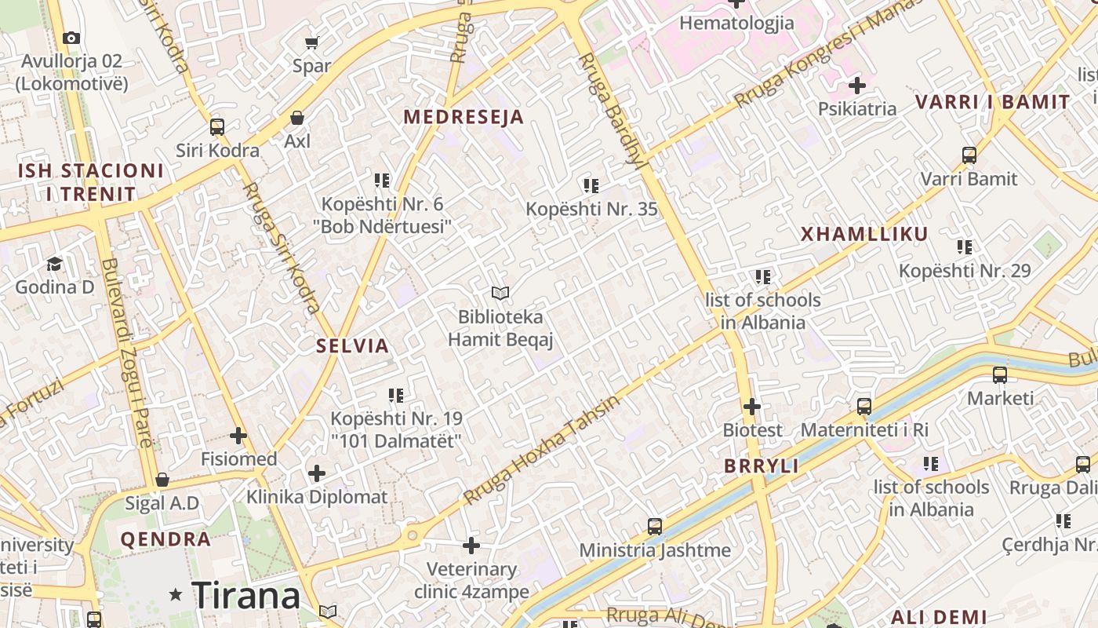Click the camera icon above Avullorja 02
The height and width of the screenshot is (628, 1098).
click(71, 38)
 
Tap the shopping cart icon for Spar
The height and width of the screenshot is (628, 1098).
click(312, 42)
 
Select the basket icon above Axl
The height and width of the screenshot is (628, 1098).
click(297, 119)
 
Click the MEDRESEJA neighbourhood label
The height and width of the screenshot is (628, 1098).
click(463, 118)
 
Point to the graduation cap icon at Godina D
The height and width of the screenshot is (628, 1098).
click(54, 264)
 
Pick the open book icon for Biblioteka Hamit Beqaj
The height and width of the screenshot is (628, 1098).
click(500, 294)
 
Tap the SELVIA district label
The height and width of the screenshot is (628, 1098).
click(352, 345)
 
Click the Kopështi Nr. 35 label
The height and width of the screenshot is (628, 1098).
click(591, 209)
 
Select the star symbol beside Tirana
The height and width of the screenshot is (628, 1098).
click(176, 595)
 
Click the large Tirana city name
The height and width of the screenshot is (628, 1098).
click(245, 595)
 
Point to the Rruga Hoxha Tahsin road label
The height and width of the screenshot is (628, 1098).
click(541, 449)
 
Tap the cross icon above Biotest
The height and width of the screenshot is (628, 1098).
click(752, 407)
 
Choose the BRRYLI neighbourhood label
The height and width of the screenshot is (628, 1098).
click(761, 466)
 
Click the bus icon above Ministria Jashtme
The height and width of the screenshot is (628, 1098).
click(655, 526)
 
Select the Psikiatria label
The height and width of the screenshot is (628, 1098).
click(857, 108)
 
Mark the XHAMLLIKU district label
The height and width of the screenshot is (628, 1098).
click(864, 234)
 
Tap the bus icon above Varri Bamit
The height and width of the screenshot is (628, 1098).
click(969, 155)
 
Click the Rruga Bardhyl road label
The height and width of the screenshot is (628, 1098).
click(610, 110)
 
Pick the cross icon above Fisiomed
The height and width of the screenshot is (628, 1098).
click(238, 436)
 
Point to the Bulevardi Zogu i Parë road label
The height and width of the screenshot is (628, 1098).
click(125, 353)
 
